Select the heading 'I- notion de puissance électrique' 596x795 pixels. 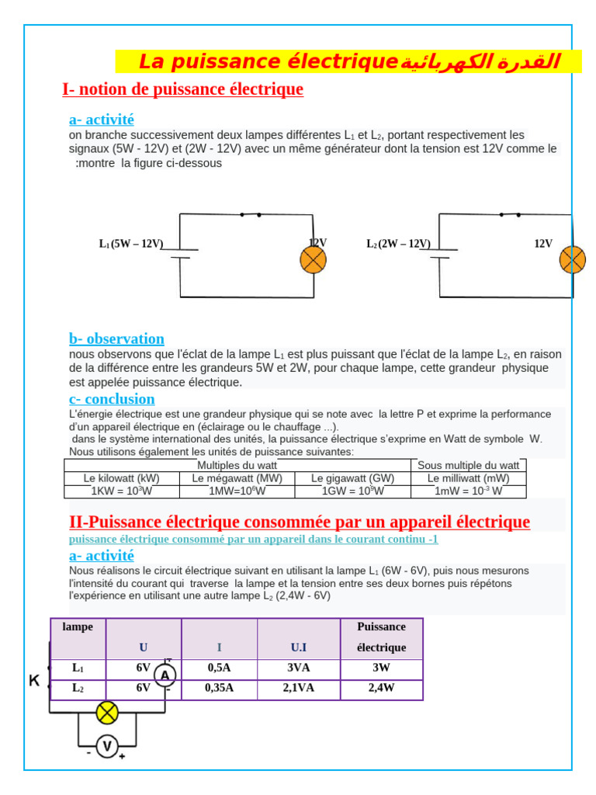(x=182, y=89)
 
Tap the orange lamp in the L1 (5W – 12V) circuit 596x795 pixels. (x=313, y=260)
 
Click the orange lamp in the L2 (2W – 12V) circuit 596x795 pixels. (x=573, y=259)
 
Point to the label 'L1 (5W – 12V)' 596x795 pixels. (x=131, y=244)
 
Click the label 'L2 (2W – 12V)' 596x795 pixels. (x=398, y=244)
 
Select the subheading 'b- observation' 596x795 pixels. (x=116, y=338)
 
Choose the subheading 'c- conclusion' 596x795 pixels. (x=112, y=399)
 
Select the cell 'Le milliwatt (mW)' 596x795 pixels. (x=469, y=478)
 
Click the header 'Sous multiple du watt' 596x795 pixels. (x=469, y=465)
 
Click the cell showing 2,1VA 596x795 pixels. (x=299, y=688)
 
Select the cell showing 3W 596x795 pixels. (x=381, y=668)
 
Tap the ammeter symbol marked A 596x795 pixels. (x=165, y=676)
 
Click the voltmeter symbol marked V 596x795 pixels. (x=107, y=747)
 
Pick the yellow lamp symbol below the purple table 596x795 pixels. (x=106, y=712)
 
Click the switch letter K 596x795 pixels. (x=34, y=681)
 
